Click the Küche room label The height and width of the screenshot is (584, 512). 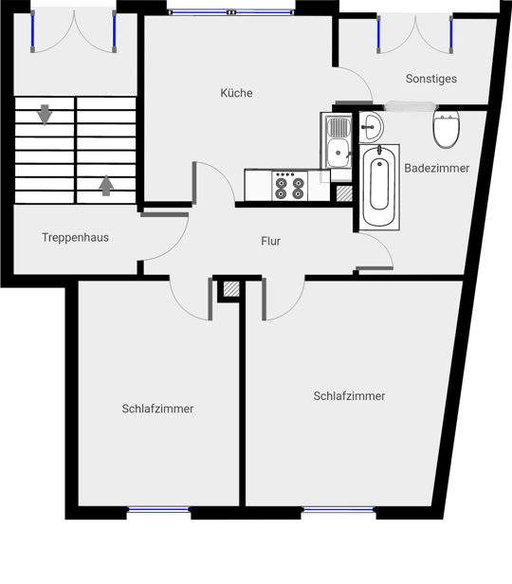tap(236, 93)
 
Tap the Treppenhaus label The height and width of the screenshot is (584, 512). tap(75, 238)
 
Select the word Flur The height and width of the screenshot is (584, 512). tap(271, 242)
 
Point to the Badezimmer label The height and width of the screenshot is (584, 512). tap(437, 168)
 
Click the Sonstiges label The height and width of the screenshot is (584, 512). tap(431, 79)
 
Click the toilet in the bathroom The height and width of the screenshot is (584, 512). tap(446, 129)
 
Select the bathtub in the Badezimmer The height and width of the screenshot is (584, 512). tap(379, 187)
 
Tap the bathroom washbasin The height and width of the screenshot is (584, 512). tap(371, 127)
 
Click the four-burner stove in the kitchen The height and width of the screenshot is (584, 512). tap(290, 186)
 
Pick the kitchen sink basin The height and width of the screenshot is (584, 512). tap(338, 153)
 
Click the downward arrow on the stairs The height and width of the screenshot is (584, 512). tap(45, 115)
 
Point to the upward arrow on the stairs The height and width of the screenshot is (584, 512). tap(106, 185)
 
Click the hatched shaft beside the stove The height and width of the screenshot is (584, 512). tap(344, 193)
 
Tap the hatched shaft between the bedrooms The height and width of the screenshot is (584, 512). tap(231, 289)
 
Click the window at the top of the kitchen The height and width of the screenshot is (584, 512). tap(231, 12)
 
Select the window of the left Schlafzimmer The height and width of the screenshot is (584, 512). tap(158, 509)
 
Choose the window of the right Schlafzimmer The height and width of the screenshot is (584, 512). tap(338, 509)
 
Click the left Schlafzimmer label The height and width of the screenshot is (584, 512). tap(157, 409)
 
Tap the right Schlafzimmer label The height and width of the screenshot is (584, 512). tap(349, 396)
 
